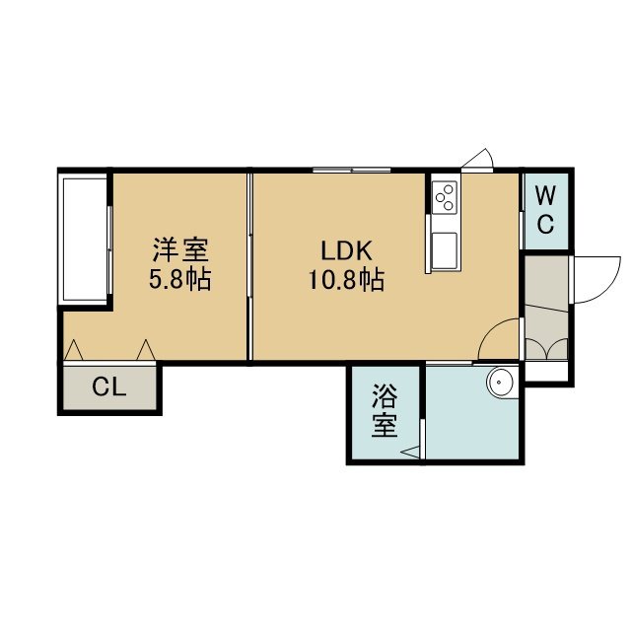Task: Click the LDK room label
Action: coord(346,250)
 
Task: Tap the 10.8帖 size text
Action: coord(346,280)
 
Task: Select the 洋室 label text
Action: coord(180,249)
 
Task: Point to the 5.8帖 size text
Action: coord(179,279)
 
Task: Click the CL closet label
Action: coord(109,387)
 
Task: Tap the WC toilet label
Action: coord(545,210)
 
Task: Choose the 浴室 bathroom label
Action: coord(385,410)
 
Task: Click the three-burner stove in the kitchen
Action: coord(445,197)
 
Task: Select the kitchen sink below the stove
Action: coord(445,250)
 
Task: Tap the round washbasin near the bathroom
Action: coord(500,382)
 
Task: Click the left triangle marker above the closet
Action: coord(74,350)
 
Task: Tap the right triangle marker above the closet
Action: coord(146,350)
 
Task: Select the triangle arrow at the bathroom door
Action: coord(410,452)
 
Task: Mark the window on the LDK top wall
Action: coord(352,171)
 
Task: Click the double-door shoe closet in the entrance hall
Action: coord(546,349)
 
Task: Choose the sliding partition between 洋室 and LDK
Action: coord(249,266)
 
